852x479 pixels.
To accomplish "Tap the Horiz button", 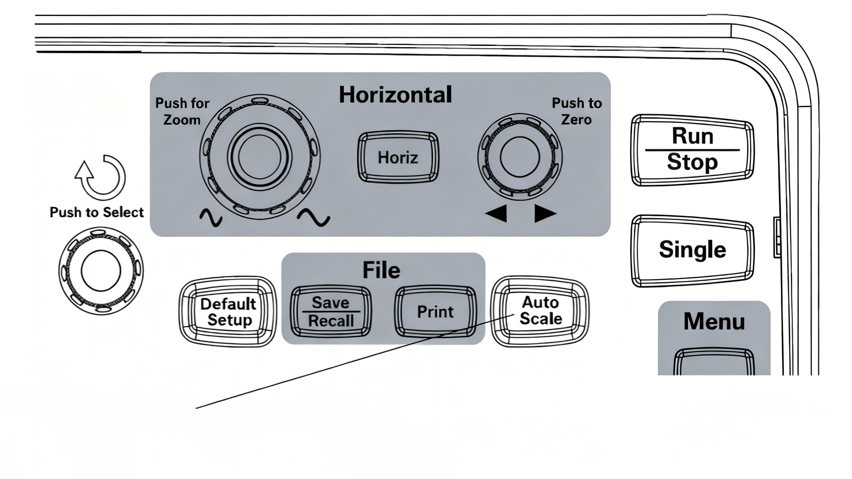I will click(x=398, y=157).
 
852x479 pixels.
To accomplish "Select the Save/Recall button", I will click(x=331, y=312).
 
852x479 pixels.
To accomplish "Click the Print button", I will click(x=435, y=312).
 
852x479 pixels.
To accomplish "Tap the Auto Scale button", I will click(x=541, y=311).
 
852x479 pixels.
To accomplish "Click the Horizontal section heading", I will click(x=395, y=95).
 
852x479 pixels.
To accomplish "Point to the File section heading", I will click(x=381, y=270).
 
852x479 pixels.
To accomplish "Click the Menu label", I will click(x=714, y=321).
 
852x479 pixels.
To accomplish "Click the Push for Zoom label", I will click(x=182, y=111).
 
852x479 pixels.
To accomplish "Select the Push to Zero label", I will click(x=576, y=111).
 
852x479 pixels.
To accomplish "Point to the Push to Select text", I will click(x=96, y=213).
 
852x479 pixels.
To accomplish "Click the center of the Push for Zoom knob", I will click(x=260, y=156).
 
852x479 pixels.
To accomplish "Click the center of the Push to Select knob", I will click(x=101, y=271).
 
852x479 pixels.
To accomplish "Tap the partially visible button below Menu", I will click(x=714, y=362).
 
